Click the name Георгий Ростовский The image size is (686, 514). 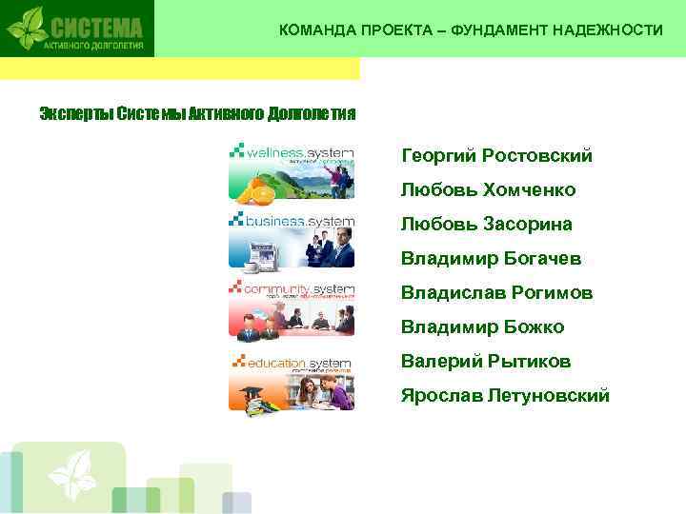click(496, 155)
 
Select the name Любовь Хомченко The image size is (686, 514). click(488, 189)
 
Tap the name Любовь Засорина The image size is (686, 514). click(486, 224)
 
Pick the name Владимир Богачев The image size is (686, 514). click(491, 258)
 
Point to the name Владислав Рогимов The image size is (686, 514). click(496, 293)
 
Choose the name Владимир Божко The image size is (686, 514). click(482, 327)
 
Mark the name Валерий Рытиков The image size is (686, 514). click(486, 362)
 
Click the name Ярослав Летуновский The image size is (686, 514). click(505, 396)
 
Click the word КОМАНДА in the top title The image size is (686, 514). click(316, 30)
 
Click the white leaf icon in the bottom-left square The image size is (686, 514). click(72, 472)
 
